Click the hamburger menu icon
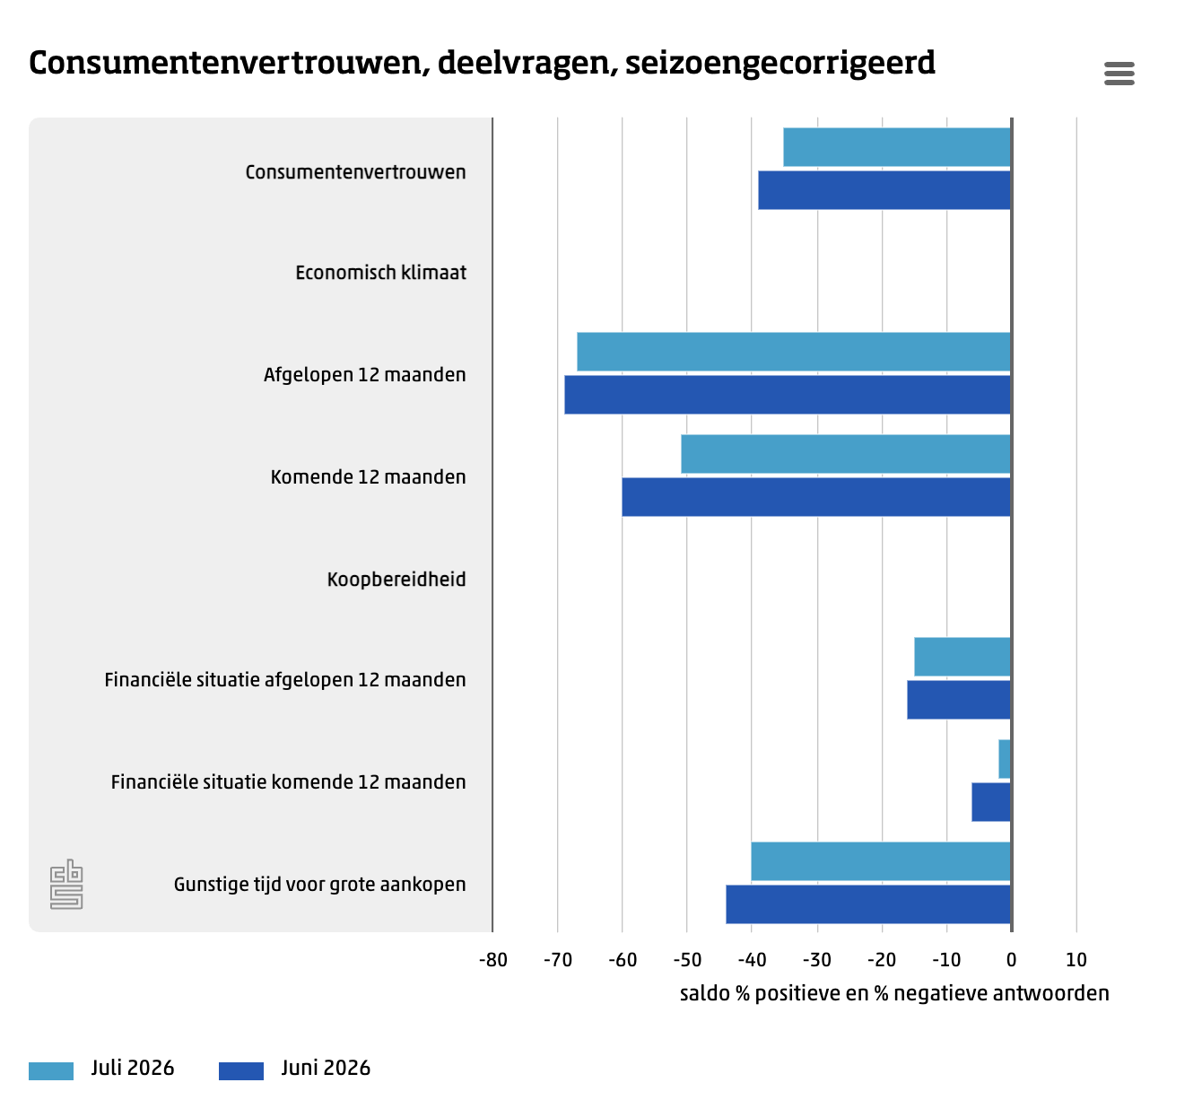[x=1119, y=74]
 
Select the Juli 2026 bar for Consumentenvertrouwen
[x=896, y=147]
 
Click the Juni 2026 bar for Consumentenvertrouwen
[x=884, y=190]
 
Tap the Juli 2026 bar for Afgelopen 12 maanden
[x=793, y=352]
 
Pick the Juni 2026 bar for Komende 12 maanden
[x=816, y=496]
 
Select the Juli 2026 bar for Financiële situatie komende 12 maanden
[x=1005, y=759]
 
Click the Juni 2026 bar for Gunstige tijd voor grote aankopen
[x=868, y=904]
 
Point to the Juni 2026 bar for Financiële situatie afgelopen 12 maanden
[x=959, y=700]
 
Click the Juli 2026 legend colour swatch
[x=51, y=1070]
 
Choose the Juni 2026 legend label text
[x=326, y=1068]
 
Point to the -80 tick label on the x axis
[x=492, y=960]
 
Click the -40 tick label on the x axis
[x=752, y=960]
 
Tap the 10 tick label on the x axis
[x=1076, y=960]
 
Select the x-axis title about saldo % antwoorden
[x=894, y=993]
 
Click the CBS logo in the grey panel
[x=66, y=884]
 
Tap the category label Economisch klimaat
[x=380, y=273]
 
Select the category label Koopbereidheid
[x=396, y=579]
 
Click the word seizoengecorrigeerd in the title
[x=780, y=64]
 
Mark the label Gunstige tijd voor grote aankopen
[x=320, y=885]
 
